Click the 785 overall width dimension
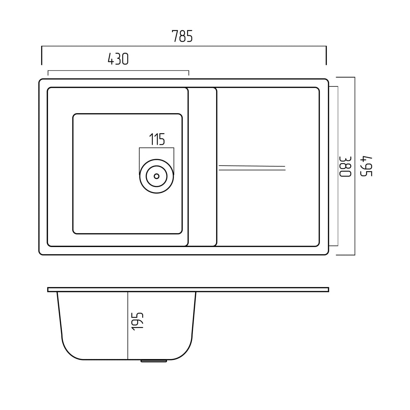pos(182,36)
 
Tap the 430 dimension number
pos(118,59)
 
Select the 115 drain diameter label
pos(157,139)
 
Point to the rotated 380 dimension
pos(345,167)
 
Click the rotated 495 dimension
pos(366,166)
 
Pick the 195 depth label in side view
pos(137,321)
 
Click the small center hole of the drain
pos(157,176)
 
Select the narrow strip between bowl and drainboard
pos(202,167)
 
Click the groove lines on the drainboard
pos(252,168)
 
